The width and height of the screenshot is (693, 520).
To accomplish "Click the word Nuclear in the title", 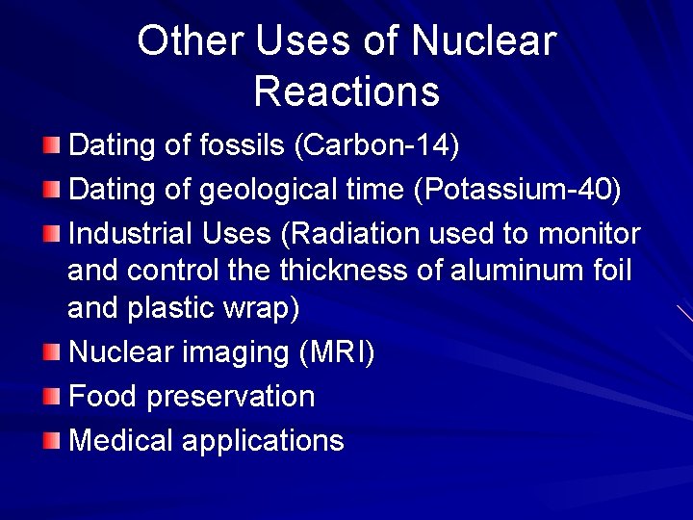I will pos(484,41).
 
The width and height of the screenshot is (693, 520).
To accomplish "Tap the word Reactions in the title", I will pos(346,91).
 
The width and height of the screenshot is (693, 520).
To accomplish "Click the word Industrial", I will pos(131,234).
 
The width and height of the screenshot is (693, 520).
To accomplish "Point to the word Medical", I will pos(121,440).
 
